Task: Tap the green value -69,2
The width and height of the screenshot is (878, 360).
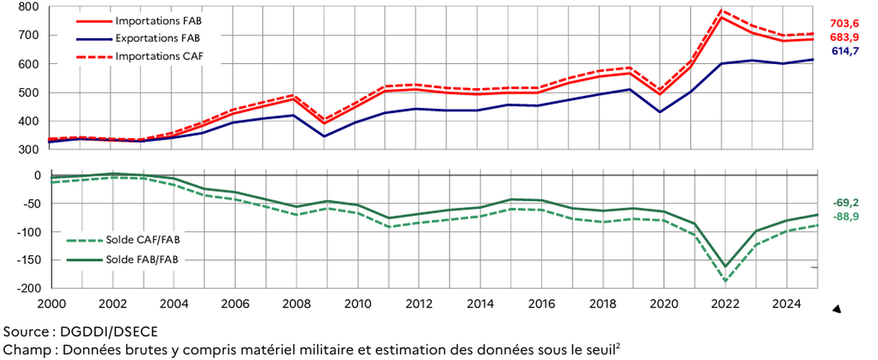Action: (847, 203)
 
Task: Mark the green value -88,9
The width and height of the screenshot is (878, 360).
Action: (847, 216)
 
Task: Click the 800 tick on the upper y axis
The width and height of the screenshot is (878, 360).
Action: (29, 7)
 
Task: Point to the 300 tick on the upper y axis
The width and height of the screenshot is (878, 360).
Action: (29, 149)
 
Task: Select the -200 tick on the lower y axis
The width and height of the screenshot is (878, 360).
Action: (27, 288)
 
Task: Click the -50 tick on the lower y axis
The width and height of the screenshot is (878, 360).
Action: (29, 203)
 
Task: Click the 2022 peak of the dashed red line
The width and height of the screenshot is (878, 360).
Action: (723, 11)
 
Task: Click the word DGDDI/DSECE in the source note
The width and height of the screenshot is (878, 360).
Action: (105, 332)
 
